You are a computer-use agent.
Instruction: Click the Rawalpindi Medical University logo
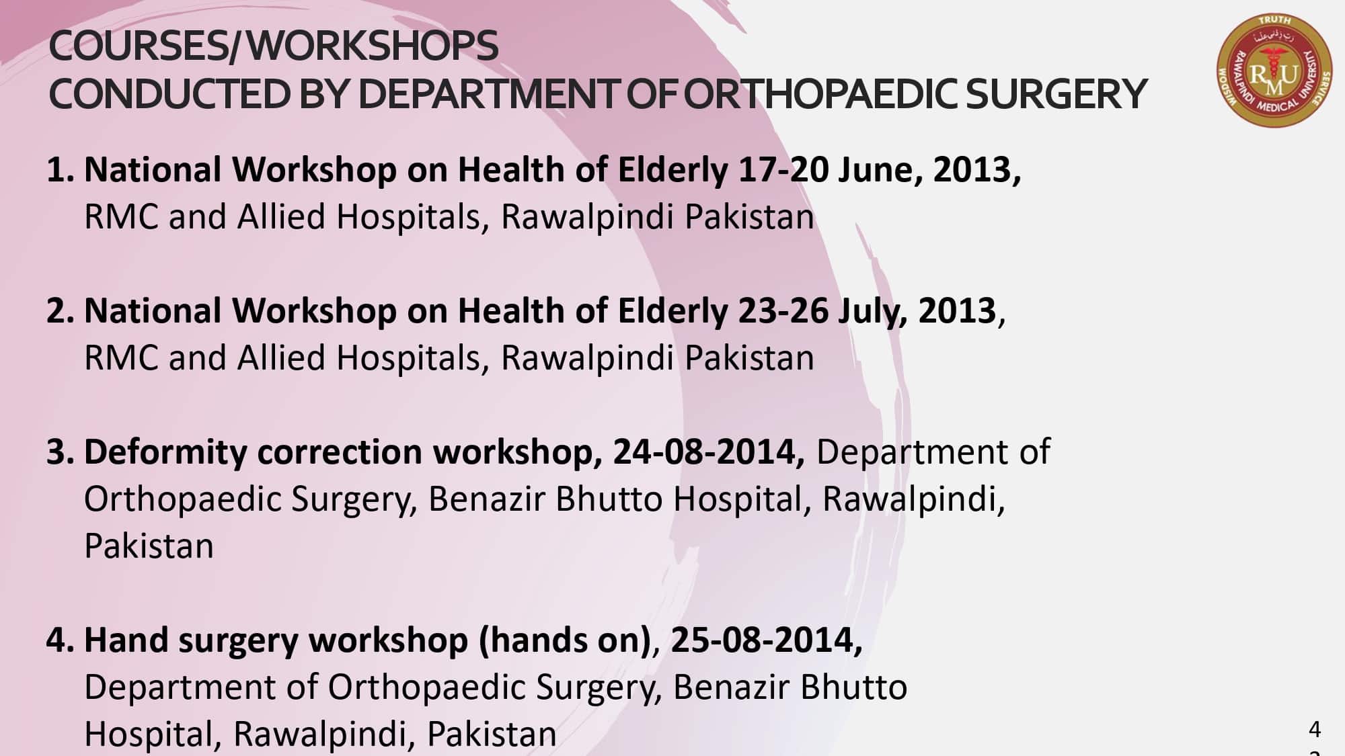[x=1275, y=71]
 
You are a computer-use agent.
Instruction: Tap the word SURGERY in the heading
[x=1056, y=93]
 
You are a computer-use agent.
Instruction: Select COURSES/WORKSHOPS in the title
[x=273, y=46]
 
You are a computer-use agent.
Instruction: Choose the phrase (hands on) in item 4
[x=565, y=640]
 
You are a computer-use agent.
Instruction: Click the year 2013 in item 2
[x=958, y=311]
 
